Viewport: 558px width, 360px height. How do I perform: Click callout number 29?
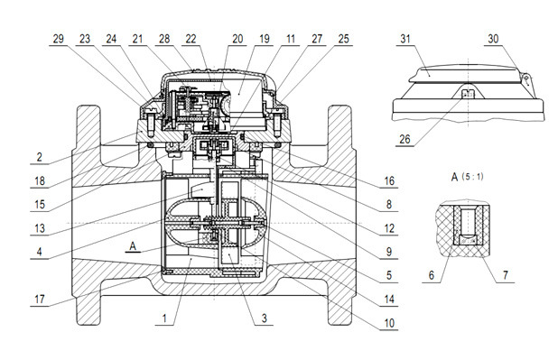point(59,39)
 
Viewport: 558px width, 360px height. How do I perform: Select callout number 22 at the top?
point(191,39)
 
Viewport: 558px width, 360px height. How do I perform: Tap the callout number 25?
point(343,39)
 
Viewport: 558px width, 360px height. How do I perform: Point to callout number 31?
point(405,39)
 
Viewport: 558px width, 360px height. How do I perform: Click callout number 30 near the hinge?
point(493,39)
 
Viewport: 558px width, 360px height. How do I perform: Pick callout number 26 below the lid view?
point(405,139)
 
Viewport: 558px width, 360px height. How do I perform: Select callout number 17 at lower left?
point(40,300)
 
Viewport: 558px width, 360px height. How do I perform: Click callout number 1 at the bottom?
point(164,318)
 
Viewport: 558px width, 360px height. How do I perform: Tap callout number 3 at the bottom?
point(264,318)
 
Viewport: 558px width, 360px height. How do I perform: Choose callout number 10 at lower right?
point(389,323)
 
